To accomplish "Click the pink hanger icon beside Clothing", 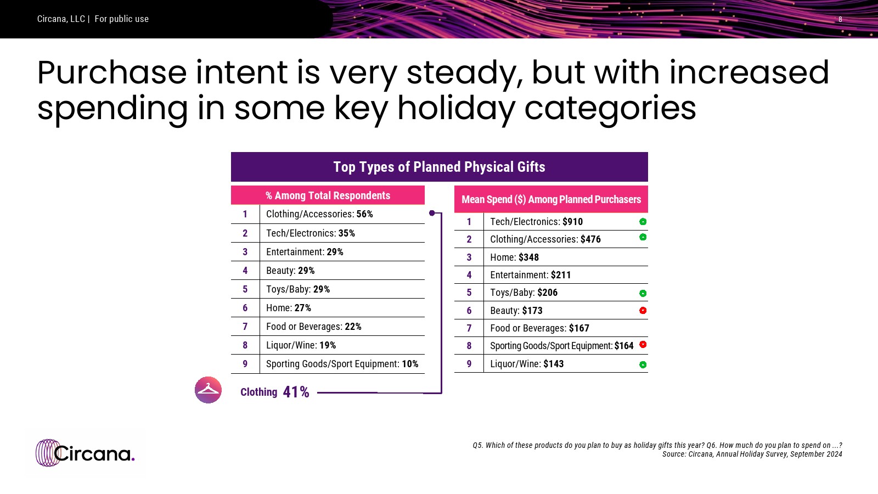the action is [208, 390].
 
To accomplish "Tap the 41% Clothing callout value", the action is [296, 392].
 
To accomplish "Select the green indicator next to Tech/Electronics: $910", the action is [643, 222].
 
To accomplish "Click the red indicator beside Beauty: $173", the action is [643, 311].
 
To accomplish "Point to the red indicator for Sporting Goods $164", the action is [643, 345].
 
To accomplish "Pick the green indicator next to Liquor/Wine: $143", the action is [643, 364].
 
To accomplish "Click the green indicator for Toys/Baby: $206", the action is [643, 293].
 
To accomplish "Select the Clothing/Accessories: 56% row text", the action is [319, 214].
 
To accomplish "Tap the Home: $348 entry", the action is [514, 257].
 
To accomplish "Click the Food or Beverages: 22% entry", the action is [313, 327].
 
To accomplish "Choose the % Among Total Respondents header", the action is [328, 195].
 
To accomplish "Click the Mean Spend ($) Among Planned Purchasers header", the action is [551, 200].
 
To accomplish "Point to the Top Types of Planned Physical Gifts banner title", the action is [439, 167].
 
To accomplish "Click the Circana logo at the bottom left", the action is [85, 453].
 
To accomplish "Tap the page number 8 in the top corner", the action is [840, 19].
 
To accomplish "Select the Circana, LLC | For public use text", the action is [93, 19].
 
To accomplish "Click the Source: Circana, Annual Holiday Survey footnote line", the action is [752, 454].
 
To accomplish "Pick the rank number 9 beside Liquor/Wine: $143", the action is [469, 364].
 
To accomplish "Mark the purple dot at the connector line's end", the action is [432, 213].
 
